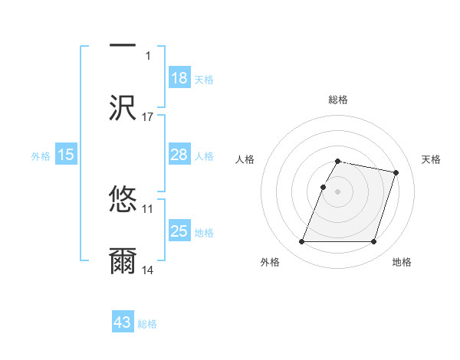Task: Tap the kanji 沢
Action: click(123, 108)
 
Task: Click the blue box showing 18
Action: click(179, 78)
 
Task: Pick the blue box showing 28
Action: click(179, 155)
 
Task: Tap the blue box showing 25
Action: click(179, 231)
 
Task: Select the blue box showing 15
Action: click(66, 155)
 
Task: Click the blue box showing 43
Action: click(123, 322)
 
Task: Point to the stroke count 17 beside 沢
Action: click(148, 116)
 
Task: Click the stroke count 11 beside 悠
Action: click(148, 208)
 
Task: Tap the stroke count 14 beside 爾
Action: click(148, 270)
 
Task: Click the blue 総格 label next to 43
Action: click(148, 323)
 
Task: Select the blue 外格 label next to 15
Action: click(41, 155)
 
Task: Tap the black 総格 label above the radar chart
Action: click(338, 100)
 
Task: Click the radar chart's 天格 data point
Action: click(396, 173)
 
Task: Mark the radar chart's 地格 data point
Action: click(374, 242)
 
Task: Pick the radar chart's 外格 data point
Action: click(302, 242)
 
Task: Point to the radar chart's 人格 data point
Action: click(323, 187)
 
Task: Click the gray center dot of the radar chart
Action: click(338, 191)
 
